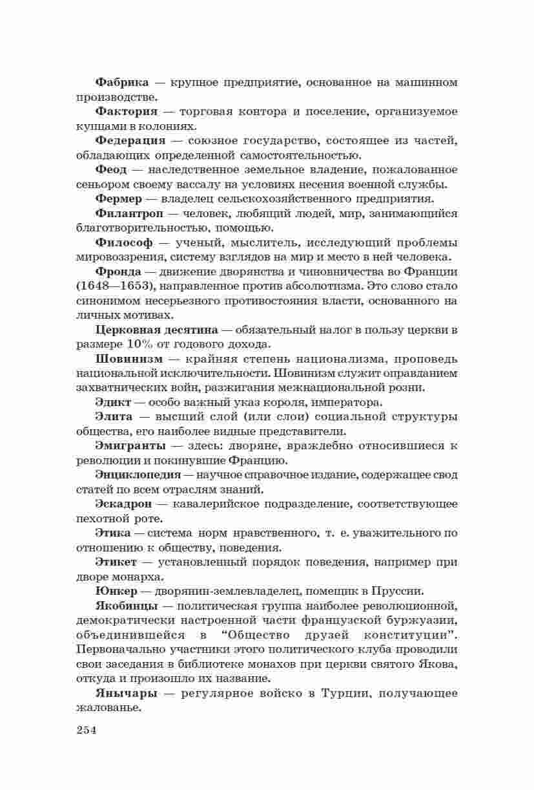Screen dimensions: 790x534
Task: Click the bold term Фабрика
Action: pos(122,83)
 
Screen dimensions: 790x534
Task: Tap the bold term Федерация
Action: pos(130,140)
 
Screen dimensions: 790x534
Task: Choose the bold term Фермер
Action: pos(119,198)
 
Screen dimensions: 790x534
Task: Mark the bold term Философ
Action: pos(124,242)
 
